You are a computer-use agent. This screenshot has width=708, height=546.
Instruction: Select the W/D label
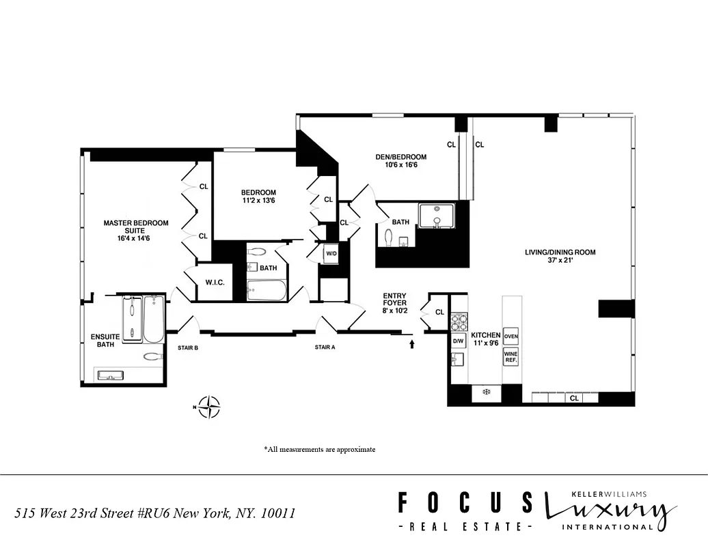(331, 254)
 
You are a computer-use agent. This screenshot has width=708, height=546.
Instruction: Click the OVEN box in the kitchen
(510, 336)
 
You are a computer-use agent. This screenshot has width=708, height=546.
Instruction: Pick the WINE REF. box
(510, 356)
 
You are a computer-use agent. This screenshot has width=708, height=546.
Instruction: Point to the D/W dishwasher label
(459, 341)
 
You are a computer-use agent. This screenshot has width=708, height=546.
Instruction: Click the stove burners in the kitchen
(459, 320)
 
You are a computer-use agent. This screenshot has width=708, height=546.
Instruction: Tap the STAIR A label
(325, 347)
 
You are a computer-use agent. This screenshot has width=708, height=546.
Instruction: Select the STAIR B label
(188, 347)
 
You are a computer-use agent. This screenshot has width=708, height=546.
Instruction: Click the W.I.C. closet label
(215, 283)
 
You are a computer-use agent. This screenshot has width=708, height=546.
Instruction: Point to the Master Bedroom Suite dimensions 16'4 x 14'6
(135, 238)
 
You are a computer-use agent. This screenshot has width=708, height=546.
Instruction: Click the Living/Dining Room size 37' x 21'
(560, 261)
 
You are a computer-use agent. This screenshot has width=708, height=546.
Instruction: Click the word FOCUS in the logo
(465, 504)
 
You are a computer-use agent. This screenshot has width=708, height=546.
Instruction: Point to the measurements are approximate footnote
(319, 449)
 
